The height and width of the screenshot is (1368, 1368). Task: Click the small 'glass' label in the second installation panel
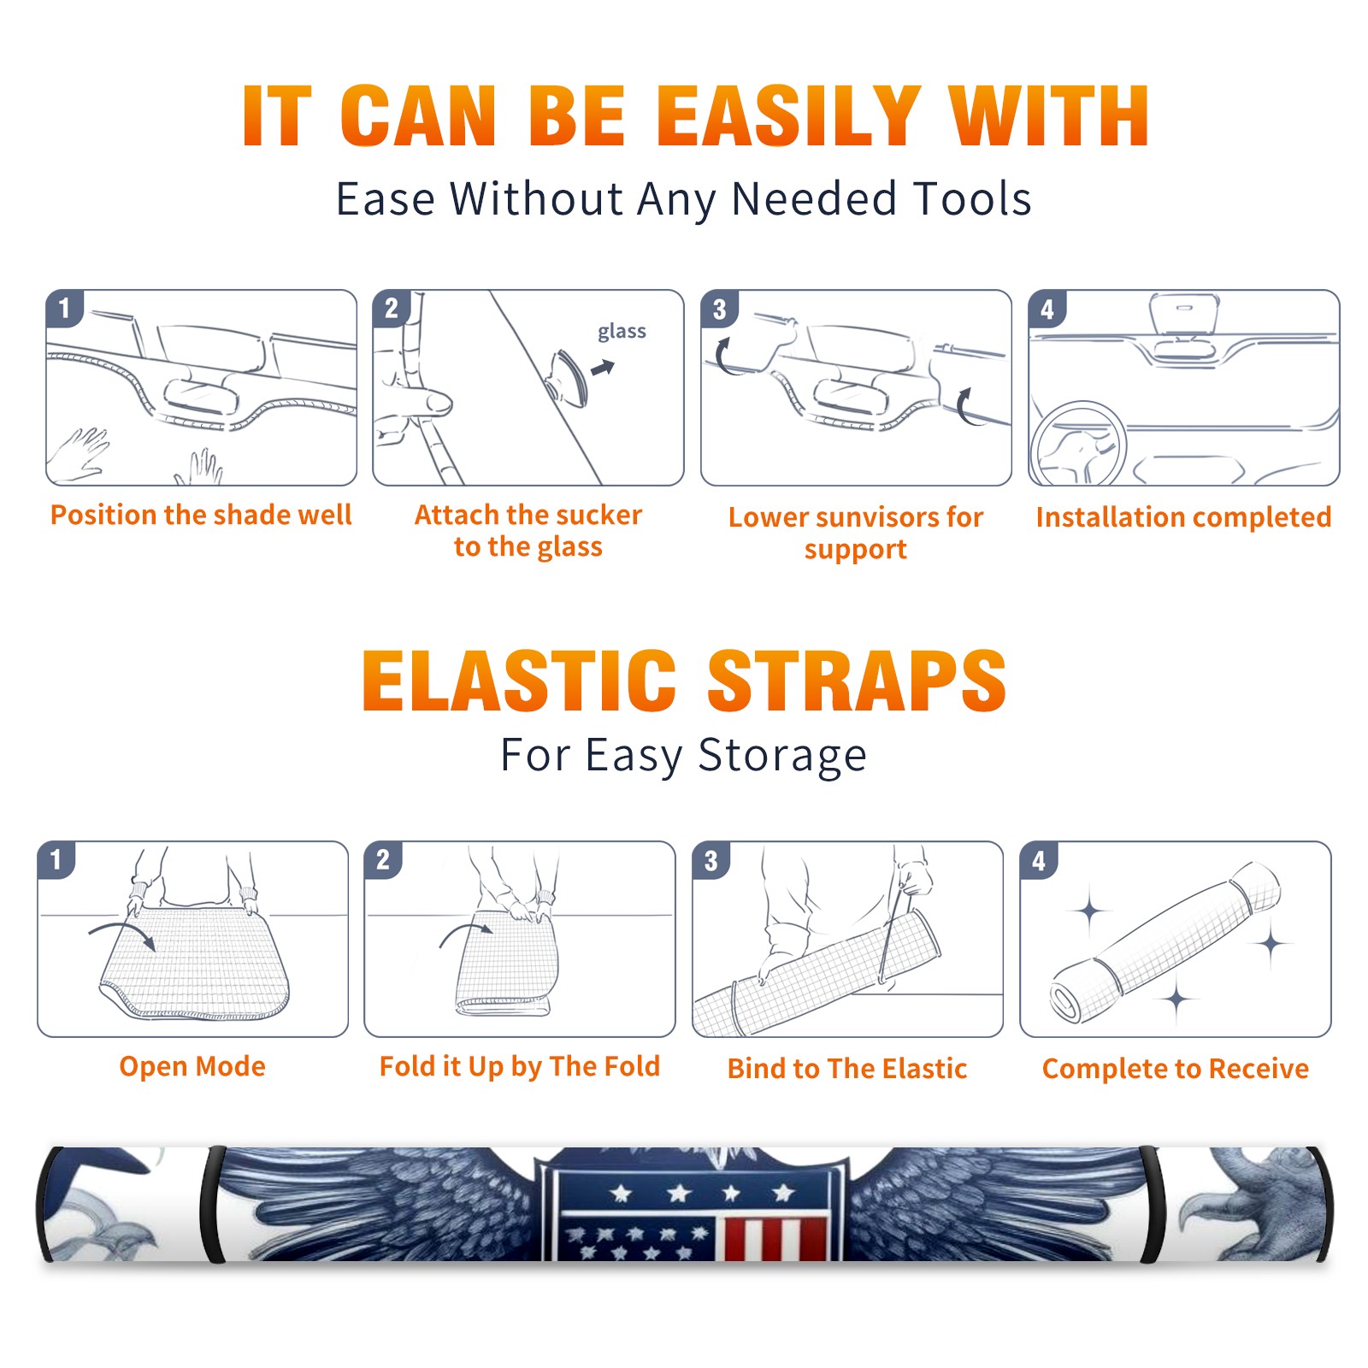pyautogui.click(x=622, y=332)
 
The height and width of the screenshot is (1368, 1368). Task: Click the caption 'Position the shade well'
pyautogui.click(x=201, y=515)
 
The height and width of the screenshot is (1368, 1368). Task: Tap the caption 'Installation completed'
pyautogui.click(x=1183, y=516)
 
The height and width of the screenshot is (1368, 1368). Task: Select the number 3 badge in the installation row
pyautogui.click(x=719, y=309)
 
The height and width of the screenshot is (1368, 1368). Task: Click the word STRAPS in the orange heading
pyautogui.click(x=857, y=681)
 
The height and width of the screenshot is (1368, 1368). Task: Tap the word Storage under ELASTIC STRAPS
pyautogui.click(x=782, y=756)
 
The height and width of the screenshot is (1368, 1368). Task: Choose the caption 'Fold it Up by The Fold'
pyautogui.click(x=520, y=1066)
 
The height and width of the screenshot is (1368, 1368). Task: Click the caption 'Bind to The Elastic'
pyautogui.click(x=847, y=1069)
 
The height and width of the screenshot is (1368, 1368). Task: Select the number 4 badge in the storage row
pyautogui.click(x=1039, y=860)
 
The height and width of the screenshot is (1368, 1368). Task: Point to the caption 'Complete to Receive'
pyautogui.click(x=1176, y=1069)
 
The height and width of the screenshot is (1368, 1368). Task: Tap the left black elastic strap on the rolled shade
pyautogui.click(x=212, y=1205)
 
